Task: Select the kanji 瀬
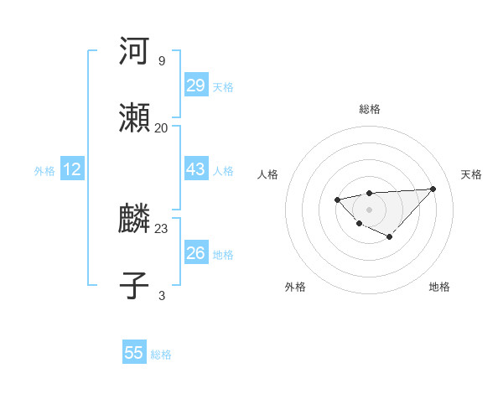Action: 135,118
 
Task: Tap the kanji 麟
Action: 135,219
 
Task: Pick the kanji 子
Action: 135,284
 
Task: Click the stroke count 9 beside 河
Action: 161,61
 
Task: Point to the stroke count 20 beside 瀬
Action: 161,127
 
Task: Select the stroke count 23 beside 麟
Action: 161,227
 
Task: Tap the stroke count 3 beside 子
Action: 161,294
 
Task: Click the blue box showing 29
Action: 195,86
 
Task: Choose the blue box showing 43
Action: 195,169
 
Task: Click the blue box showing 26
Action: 195,252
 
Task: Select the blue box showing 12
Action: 71,169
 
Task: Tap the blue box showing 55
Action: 134,353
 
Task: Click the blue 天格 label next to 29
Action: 223,87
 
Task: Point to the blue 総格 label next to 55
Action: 161,355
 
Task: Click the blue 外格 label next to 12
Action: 44,171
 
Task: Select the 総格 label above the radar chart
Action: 370,109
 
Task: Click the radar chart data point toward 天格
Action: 433,189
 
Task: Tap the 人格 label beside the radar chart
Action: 268,174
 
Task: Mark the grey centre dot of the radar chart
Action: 369,209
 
